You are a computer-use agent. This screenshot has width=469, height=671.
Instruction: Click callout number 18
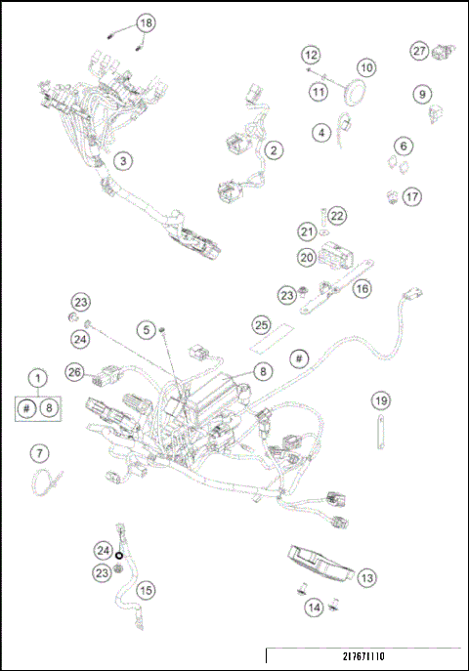coord(146,22)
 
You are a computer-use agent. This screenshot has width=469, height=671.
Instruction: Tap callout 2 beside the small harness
coord(274,149)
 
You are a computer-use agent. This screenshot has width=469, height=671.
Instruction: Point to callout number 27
coord(418,50)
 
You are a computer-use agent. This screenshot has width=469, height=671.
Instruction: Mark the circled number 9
coord(422,94)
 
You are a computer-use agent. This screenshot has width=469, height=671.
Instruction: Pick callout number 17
coord(412,196)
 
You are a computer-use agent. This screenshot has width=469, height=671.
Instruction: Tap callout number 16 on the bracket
coord(362,288)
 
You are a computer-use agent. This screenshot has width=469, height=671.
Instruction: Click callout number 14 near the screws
coord(314,607)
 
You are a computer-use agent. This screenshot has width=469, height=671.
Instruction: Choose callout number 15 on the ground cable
coord(146,590)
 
